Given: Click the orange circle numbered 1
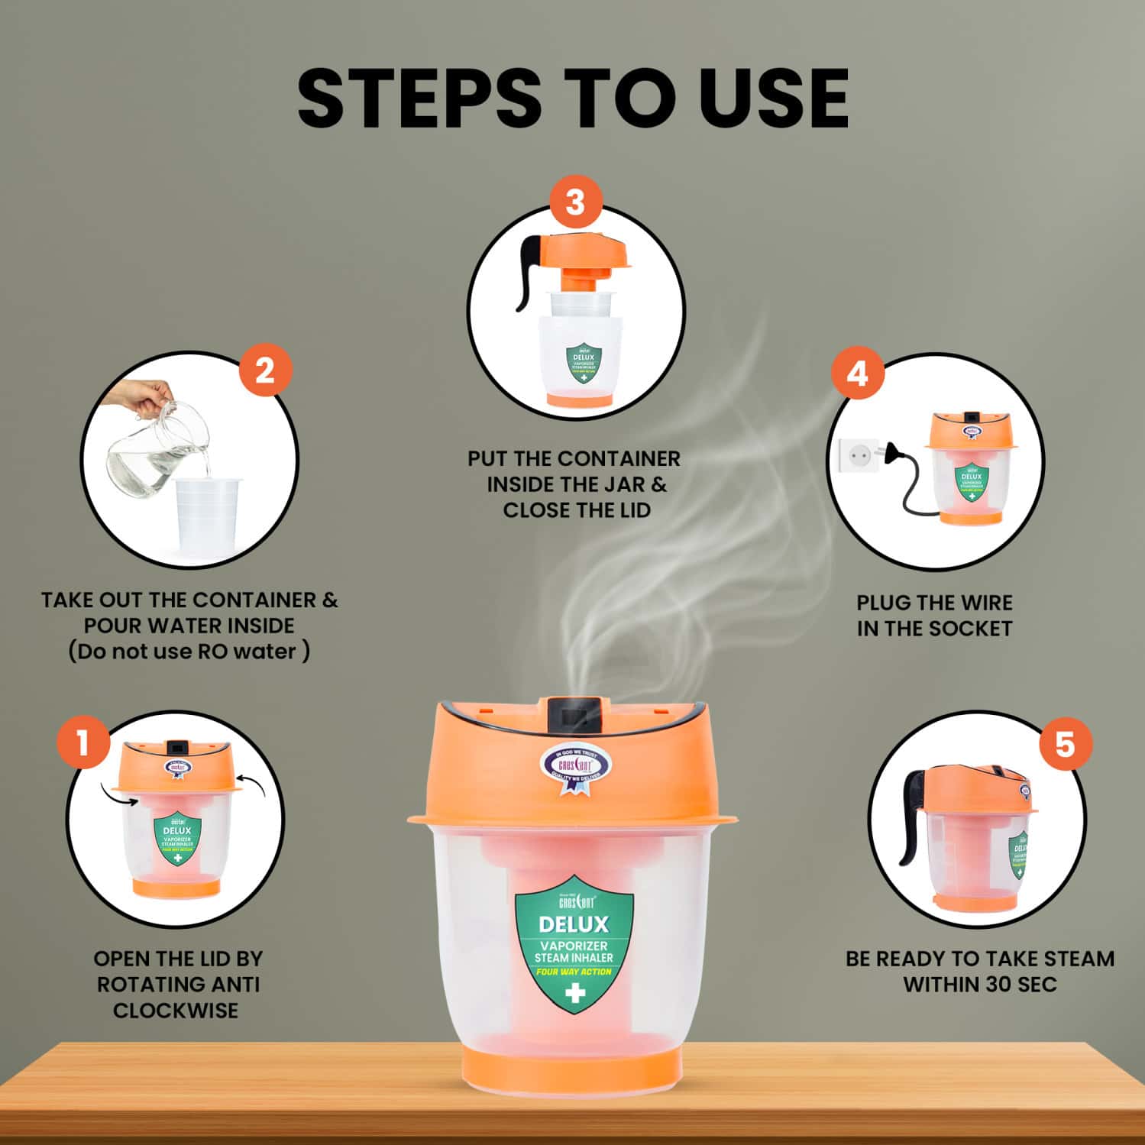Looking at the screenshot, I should pos(82,742).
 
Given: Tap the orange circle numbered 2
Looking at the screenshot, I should pos(264,371).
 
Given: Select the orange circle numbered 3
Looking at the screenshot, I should pos(574,203).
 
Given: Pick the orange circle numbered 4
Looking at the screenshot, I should pos(857,374).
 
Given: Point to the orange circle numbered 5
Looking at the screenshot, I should pos(1065,744).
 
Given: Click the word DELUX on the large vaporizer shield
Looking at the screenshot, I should pos(574,924).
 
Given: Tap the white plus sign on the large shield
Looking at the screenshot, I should pos(574,992).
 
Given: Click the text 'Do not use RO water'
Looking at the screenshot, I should pos(189,652).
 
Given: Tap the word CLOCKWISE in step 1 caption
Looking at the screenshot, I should pos(176,1010).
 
